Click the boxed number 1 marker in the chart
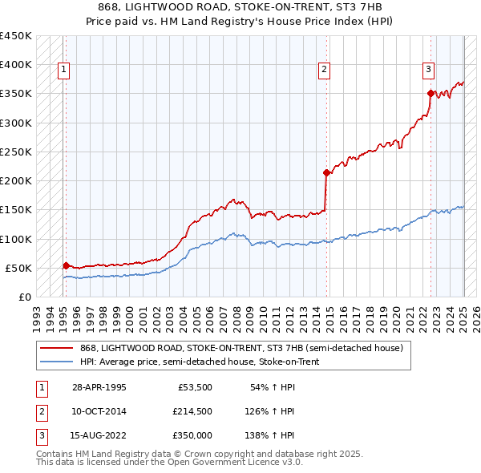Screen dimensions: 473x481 63,70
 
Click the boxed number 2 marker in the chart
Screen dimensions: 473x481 325,70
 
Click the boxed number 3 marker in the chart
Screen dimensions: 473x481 429,70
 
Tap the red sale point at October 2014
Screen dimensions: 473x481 326,172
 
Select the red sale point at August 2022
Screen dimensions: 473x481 431,93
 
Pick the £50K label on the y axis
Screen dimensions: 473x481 18,268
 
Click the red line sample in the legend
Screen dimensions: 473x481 57,348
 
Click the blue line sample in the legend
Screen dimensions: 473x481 57,362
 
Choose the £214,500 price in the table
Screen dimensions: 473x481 192,411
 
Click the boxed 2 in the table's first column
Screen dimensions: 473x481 40,411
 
